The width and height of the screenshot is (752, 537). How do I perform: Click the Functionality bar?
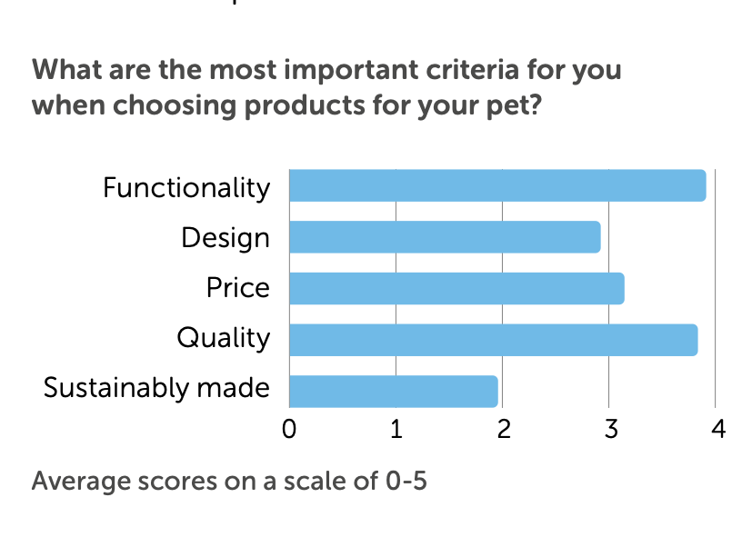(x=497, y=185)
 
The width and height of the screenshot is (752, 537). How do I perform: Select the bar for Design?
(x=445, y=237)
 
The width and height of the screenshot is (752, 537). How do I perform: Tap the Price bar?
(x=456, y=288)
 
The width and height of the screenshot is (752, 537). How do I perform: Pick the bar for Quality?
(x=494, y=339)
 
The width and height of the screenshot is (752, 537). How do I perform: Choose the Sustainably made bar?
(x=394, y=390)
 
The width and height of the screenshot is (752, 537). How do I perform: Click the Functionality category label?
(x=186, y=187)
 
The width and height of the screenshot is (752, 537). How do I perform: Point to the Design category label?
(x=226, y=238)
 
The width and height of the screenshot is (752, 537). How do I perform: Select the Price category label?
(x=238, y=288)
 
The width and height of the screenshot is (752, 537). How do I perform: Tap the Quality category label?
(x=224, y=339)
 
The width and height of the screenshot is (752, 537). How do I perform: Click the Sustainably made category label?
(x=156, y=389)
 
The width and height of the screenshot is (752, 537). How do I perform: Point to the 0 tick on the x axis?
(x=289, y=430)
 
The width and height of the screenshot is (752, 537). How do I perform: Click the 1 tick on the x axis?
(x=396, y=430)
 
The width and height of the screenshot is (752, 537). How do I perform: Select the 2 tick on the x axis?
(x=503, y=430)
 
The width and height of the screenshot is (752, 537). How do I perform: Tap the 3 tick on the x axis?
(x=609, y=430)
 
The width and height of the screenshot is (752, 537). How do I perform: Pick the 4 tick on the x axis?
(x=717, y=430)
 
